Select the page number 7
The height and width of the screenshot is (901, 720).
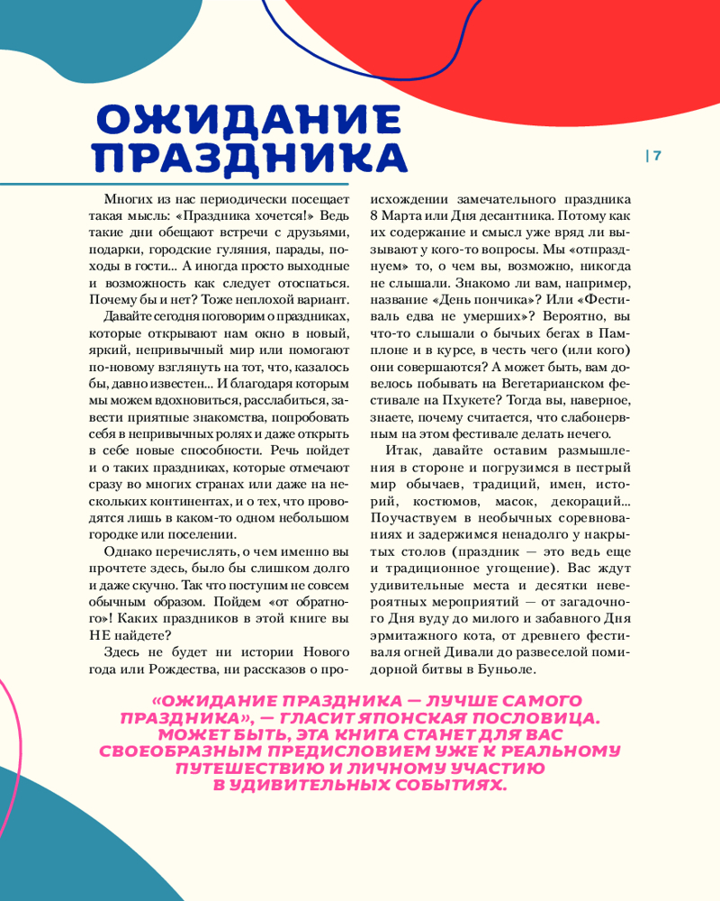(657, 155)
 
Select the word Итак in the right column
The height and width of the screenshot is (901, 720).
(401, 450)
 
